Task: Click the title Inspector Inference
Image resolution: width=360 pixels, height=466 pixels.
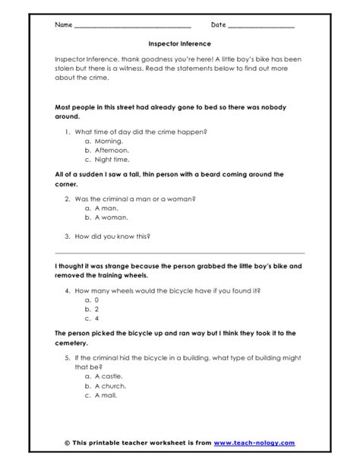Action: coord(179,44)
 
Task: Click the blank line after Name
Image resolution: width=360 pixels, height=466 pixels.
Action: coord(133,27)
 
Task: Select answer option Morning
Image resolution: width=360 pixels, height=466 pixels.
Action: coord(107,141)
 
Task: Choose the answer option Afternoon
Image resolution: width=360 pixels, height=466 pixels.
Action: coord(109,151)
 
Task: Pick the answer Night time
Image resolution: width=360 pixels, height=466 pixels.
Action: coord(111,160)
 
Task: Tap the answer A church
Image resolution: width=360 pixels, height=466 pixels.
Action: coord(109,385)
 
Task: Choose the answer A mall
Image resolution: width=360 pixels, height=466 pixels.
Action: coord(106,395)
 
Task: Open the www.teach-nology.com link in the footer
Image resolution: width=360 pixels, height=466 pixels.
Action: coord(254,442)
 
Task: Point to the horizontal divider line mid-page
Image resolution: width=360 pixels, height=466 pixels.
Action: coord(179,252)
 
